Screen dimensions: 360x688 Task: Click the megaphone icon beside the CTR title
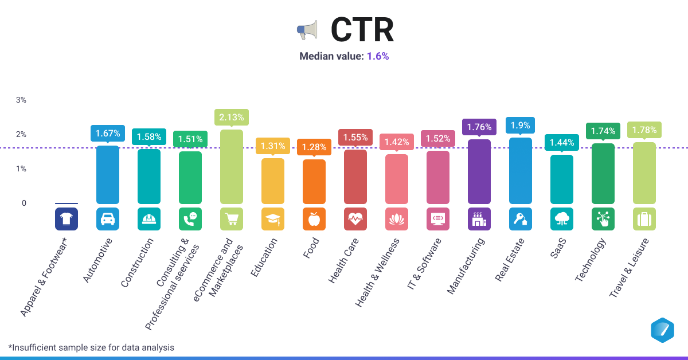[x=307, y=30]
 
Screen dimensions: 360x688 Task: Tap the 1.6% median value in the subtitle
[x=378, y=56]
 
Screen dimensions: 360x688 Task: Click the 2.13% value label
[x=232, y=118]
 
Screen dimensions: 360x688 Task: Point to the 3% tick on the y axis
[x=21, y=100]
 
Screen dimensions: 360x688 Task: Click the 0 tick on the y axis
[x=24, y=203]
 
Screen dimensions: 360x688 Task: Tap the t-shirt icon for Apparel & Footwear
[x=67, y=219]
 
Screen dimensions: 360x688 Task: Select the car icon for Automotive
[x=108, y=219]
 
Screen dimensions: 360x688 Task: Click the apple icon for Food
[x=314, y=219]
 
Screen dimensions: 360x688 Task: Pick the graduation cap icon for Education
[x=273, y=219]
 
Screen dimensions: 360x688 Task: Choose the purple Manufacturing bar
[x=479, y=171]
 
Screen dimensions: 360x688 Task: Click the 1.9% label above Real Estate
[x=521, y=125]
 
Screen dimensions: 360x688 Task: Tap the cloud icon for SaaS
[x=562, y=219]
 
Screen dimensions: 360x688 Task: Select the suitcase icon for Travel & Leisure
[x=644, y=219]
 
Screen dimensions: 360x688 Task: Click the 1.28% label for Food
[x=314, y=147]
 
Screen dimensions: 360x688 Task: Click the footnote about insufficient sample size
[x=91, y=347]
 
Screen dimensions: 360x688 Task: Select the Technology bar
[x=603, y=174]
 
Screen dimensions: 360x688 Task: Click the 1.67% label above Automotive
[x=108, y=134]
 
